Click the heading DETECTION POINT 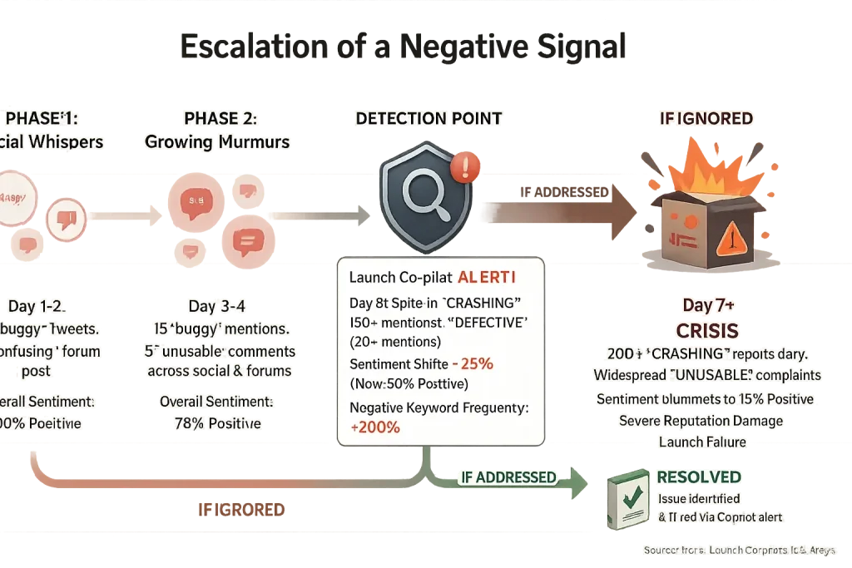point(428,119)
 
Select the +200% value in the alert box point(375,427)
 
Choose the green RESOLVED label point(699,477)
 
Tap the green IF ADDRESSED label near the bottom point(507,477)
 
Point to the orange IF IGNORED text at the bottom point(242,509)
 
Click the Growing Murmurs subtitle point(217,142)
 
